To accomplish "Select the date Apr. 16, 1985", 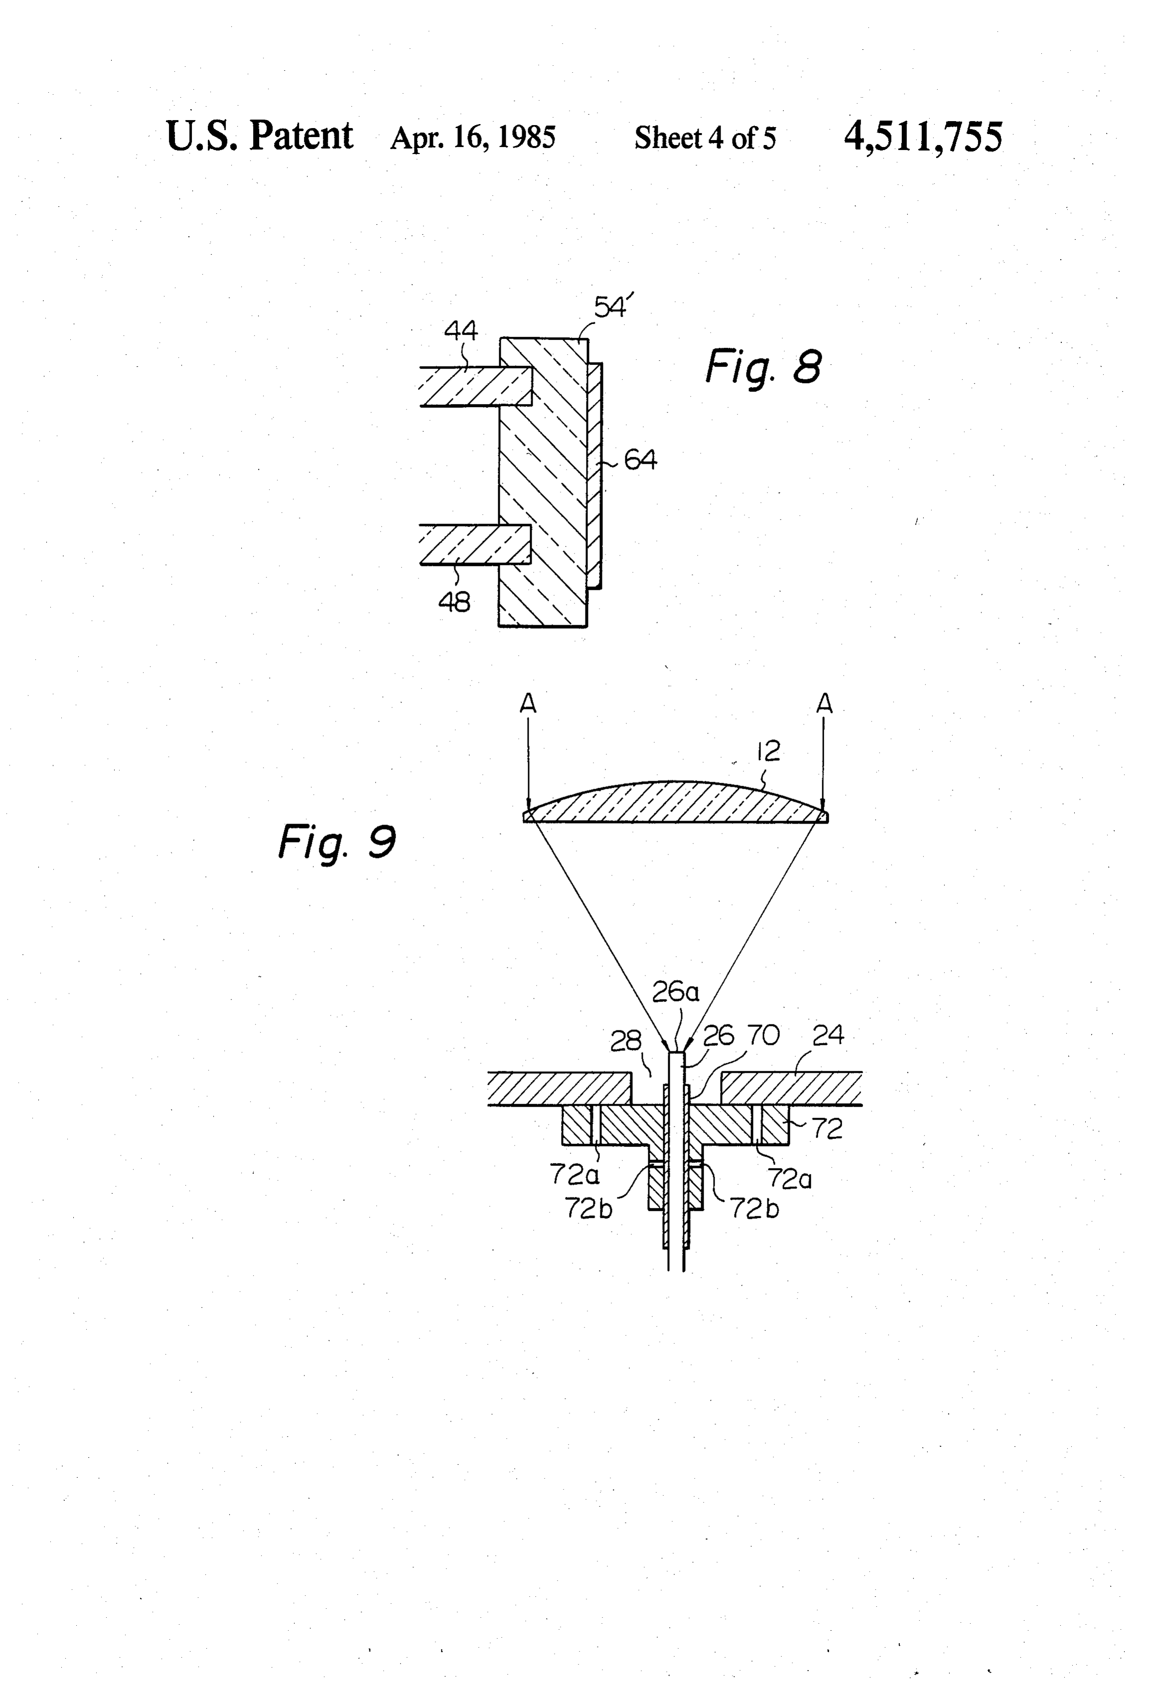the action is [x=473, y=138].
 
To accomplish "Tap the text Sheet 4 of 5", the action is [x=705, y=138].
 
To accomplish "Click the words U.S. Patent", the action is [x=260, y=136].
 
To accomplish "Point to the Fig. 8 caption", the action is [x=763, y=367].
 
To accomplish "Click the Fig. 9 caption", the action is [x=337, y=842].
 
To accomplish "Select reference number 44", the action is [x=460, y=330].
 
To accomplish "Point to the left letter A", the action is [x=528, y=703].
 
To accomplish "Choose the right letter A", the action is [x=824, y=703].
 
